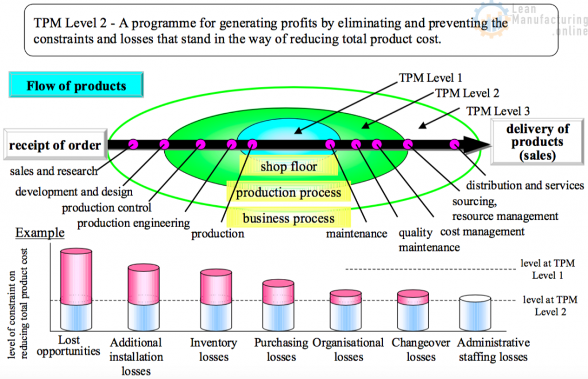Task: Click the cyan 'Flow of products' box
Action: [76, 86]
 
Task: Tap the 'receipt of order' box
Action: [55, 145]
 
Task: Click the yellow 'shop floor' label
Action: [289, 167]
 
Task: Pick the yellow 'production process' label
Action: [289, 193]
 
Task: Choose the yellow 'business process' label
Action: [289, 219]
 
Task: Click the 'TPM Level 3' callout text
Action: [498, 111]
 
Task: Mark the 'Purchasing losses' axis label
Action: [281, 349]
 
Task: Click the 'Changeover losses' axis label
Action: [421, 349]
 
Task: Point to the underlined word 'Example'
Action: [40, 233]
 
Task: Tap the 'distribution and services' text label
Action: [525, 185]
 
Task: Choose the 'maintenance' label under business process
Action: [357, 234]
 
